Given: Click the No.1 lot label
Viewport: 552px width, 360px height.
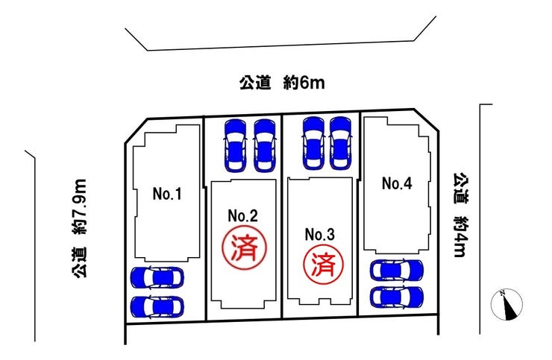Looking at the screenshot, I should tap(168, 195).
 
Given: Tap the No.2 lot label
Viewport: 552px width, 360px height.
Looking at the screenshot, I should tap(243, 216).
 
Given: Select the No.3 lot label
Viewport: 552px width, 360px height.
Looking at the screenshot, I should tap(320, 234).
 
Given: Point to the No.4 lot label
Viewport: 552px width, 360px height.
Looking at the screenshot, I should tap(397, 183).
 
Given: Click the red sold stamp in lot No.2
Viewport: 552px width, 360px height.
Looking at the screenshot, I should tap(243, 246).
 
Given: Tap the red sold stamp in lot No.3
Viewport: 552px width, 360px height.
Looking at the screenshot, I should tap(323, 262).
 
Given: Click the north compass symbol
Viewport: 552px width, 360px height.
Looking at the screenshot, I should tap(508, 303).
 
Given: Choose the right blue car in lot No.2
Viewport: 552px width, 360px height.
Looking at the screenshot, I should tap(265, 145).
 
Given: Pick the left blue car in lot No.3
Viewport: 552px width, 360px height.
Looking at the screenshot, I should tap(312, 143).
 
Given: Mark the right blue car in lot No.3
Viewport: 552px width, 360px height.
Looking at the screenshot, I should tap(340, 143).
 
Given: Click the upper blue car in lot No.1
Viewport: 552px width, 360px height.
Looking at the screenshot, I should tap(157, 278).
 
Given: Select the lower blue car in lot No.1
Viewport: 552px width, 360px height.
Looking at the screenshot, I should tap(157, 306).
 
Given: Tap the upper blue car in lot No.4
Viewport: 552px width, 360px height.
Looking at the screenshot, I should tap(397, 271).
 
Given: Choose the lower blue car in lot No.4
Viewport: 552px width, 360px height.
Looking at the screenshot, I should tap(397, 296).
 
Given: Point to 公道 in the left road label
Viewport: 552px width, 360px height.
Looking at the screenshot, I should tap(81, 264).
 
